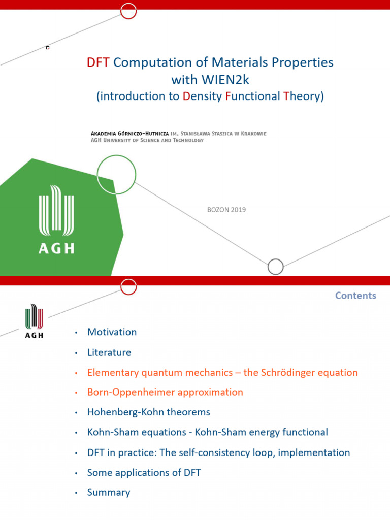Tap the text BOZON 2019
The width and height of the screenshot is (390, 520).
click(226, 210)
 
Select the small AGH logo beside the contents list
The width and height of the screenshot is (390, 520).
click(34, 321)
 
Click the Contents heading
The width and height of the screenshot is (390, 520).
click(355, 296)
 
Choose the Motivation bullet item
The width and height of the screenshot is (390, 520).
click(112, 332)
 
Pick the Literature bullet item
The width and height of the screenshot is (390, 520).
click(109, 352)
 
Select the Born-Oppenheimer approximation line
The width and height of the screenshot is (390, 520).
click(165, 393)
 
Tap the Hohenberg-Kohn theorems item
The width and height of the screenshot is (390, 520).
click(148, 412)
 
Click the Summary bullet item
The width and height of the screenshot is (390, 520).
click(109, 493)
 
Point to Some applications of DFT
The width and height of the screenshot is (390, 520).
click(144, 473)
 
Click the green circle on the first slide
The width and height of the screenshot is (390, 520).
click(116, 175)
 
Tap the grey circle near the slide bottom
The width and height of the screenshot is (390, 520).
click(275, 267)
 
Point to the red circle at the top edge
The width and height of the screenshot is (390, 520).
click(129, 10)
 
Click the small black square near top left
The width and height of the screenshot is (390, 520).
click(48, 48)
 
